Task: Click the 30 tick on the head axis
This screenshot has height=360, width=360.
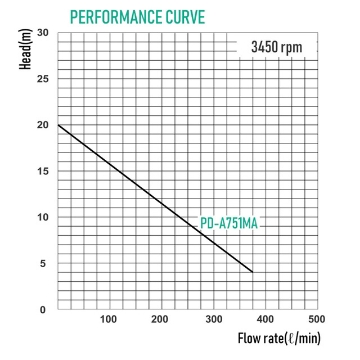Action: click(41, 32)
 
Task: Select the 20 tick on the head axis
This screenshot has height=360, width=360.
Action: click(41, 125)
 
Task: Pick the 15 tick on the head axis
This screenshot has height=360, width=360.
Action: click(41, 171)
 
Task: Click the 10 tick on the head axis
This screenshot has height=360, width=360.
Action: click(41, 217)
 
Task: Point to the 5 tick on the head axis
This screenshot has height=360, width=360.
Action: click(44, 263)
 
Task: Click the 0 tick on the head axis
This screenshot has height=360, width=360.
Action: click(44, 309)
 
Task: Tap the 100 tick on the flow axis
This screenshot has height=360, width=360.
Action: click(109, 320)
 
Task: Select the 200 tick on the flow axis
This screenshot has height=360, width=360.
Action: click(160, 320)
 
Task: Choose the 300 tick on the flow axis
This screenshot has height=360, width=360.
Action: click(211, 320)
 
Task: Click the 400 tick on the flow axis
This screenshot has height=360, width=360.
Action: click(262, 320)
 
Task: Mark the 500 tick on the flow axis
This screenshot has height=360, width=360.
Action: click(312, 320)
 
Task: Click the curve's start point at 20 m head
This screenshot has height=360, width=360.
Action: click(59, 125)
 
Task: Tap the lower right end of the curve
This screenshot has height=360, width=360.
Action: click(253, 271)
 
